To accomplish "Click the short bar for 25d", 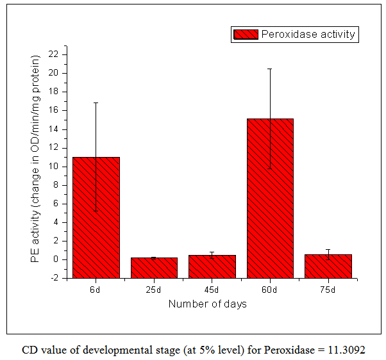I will point(154,267).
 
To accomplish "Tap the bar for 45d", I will point(212,266).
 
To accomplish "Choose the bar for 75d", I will point(328,266).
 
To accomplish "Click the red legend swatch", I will point(245,35).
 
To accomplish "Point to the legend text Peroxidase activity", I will point(308,35).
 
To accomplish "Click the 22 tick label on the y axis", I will point(53,54).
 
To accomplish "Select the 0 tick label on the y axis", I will point(56,259).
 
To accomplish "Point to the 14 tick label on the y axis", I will point(53,129).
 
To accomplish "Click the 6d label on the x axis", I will point(96,290).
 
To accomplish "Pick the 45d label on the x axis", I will point(212,290).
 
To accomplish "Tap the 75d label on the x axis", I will point(328,290).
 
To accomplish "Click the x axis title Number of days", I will point(207,304).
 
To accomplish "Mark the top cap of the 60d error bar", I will point(270,69).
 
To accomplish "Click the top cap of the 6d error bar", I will point(96,102).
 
